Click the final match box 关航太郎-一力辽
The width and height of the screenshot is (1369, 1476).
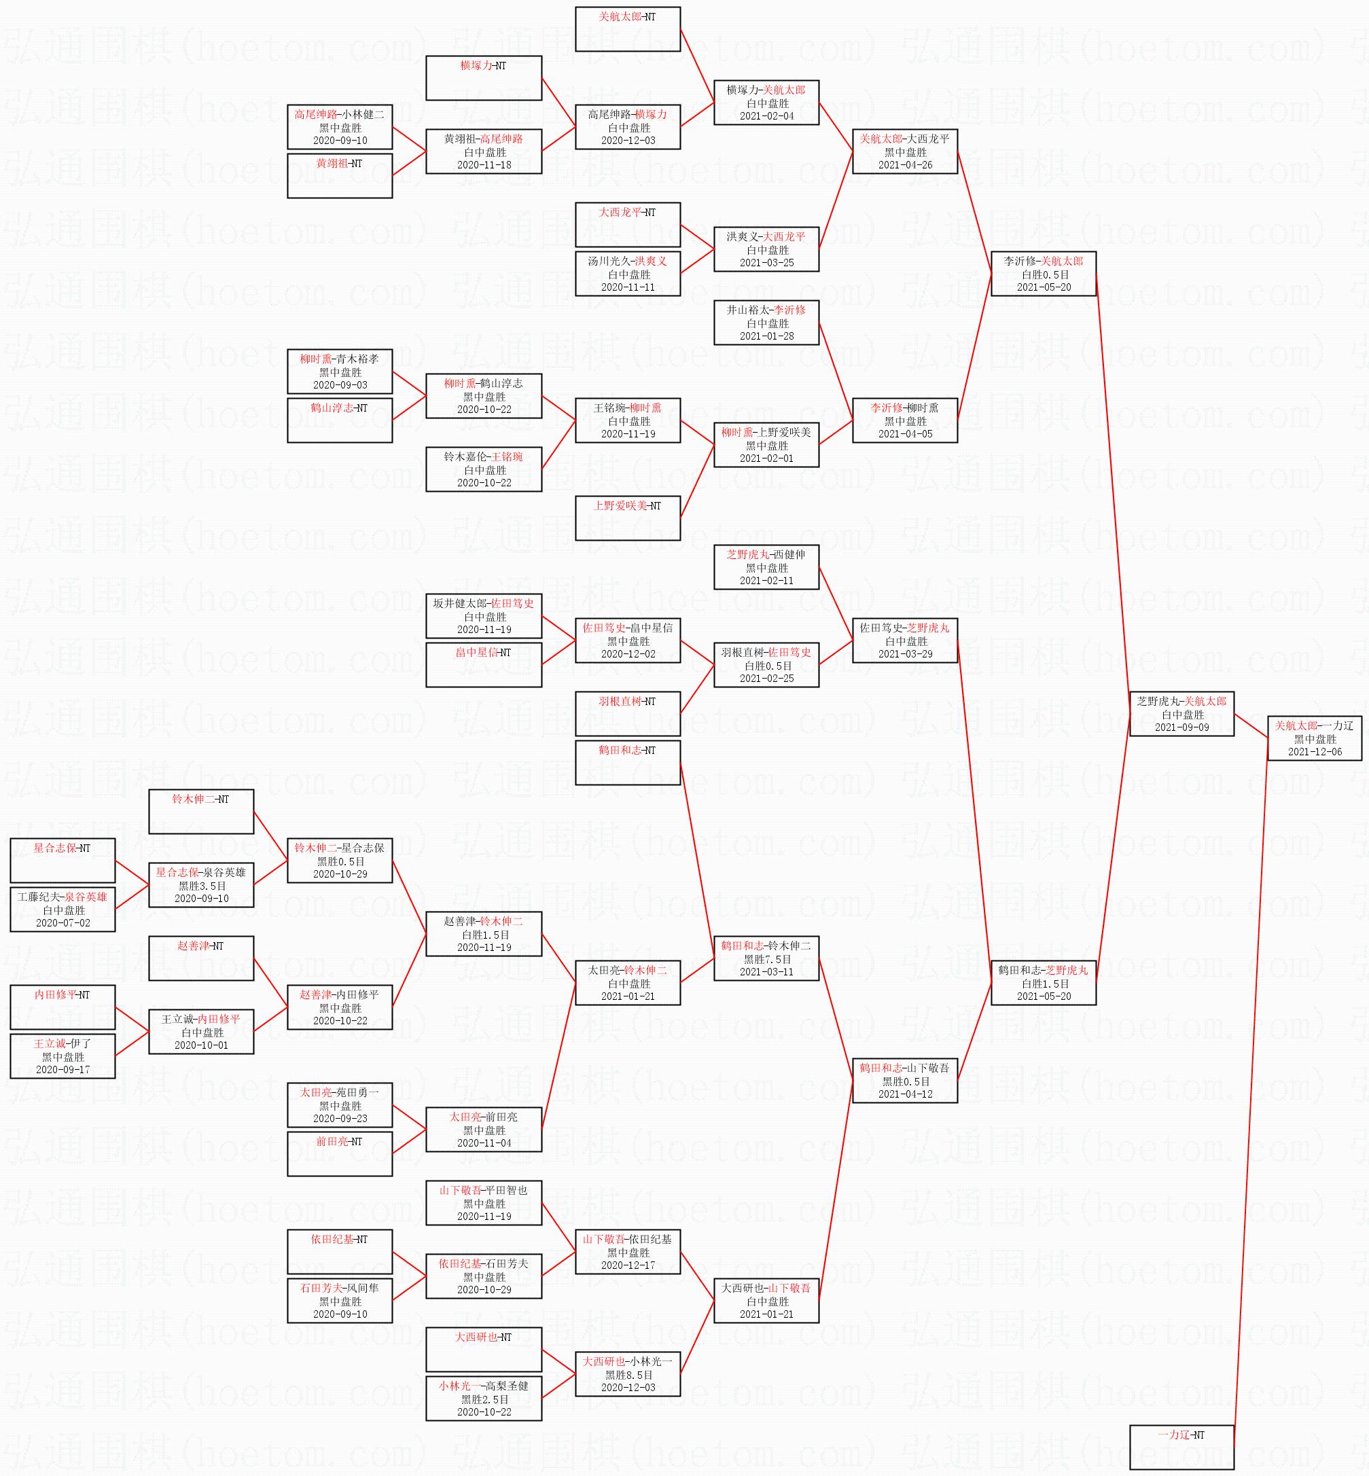tap(1314, 738)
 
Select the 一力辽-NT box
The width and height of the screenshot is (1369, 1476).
tap(1181, 1446)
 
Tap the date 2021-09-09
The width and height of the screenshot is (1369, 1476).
tap(1181, 727)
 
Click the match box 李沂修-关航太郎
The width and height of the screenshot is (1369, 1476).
tap(1043, 274)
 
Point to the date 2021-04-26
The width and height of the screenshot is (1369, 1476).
tap(904, 165)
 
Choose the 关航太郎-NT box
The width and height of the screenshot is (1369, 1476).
tap(628, 29)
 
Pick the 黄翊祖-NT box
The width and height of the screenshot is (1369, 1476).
tap(339, 175)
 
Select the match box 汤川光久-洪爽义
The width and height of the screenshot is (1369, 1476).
tap(628, 274)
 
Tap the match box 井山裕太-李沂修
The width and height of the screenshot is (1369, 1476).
tap(766, 323)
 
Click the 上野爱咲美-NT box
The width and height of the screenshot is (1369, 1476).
tap(628, 518)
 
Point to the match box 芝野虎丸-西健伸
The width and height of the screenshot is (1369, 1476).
tap(766, 567)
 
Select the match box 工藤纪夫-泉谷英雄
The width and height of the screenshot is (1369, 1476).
tap(63, 910)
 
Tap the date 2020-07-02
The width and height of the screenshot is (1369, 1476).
tap(63, 923)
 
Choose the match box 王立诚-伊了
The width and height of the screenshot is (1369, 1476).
tap(63, 1056)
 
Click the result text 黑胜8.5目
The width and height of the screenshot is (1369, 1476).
tap(628, 1375)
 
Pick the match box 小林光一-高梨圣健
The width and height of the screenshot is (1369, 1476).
tap(484, 1399)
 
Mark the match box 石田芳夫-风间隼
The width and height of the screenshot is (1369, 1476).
tap(339, 1301)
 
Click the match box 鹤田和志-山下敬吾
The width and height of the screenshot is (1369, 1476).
tap(904, 1081)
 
